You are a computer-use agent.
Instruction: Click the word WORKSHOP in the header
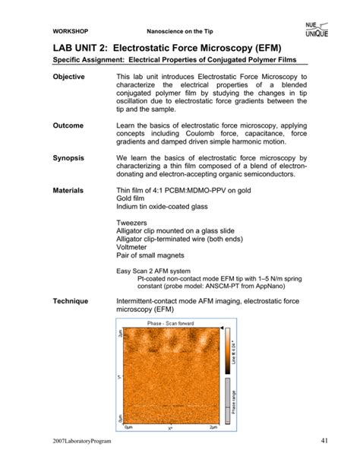tap(70, 32)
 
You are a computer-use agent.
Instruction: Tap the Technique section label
tap(73, 302)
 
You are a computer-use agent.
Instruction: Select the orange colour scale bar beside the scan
tap(228, 350)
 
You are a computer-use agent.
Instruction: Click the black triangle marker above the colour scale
tap(222, 328)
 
